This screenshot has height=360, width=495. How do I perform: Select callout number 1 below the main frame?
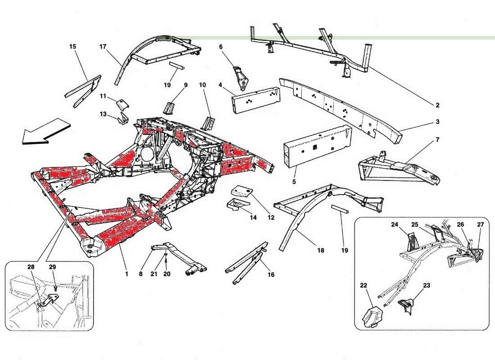(x=126, y=274)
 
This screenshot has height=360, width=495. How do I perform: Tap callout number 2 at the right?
(x=437, y=105)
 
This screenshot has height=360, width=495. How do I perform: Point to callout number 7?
(x=437, y=139)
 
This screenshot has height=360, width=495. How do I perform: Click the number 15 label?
(x=72, y=46)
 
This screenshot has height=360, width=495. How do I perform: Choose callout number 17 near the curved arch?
(x=103, y=46)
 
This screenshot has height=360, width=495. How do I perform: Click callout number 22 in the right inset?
(x=363, y=285)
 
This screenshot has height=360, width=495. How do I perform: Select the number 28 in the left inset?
(x=31, y=267)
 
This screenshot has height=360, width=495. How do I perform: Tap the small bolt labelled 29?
(x=55, y=288)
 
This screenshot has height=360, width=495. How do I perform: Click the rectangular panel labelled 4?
(x=256, y=99)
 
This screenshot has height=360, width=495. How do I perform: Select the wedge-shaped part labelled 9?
(x=169, y=107)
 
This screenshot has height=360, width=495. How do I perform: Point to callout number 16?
(x=271, y=274)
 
